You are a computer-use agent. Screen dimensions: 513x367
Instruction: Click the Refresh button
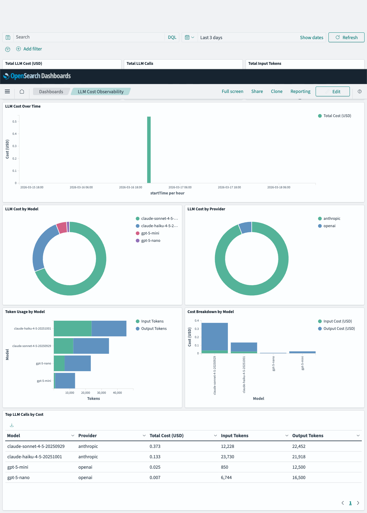(346, 37)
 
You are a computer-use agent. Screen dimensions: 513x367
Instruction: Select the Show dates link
(311, 37)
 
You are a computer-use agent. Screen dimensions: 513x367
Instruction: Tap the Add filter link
(32, 49)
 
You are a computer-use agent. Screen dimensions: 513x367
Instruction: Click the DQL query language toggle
(172, 37)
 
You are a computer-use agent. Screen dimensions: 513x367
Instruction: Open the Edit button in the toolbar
(332, 91)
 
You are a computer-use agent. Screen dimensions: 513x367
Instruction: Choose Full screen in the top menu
(232, 91)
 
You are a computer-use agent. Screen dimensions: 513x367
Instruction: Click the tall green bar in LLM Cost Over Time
(149, 150)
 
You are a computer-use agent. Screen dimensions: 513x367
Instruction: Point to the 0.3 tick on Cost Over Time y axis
(14, 146)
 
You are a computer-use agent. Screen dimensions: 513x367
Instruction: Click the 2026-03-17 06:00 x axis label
(180, 187)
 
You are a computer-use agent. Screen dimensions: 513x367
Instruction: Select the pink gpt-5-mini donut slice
(62, 227)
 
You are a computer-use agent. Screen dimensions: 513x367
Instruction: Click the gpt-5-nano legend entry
(150, 241)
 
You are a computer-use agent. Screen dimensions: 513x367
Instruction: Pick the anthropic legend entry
(332, 219)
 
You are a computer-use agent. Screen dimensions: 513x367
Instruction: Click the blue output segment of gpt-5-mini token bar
(65, 381)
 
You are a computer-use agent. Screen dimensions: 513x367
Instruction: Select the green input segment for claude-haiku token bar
(72, 328)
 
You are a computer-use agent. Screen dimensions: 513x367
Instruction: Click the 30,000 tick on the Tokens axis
(102, 393)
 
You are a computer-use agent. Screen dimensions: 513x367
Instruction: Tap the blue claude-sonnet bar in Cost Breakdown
(215, 336)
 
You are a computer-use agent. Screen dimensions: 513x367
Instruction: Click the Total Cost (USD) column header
(166, 436)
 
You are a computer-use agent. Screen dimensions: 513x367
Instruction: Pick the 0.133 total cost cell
(155, 457)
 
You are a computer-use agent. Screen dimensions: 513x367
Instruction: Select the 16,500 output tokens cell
(299, 478)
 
